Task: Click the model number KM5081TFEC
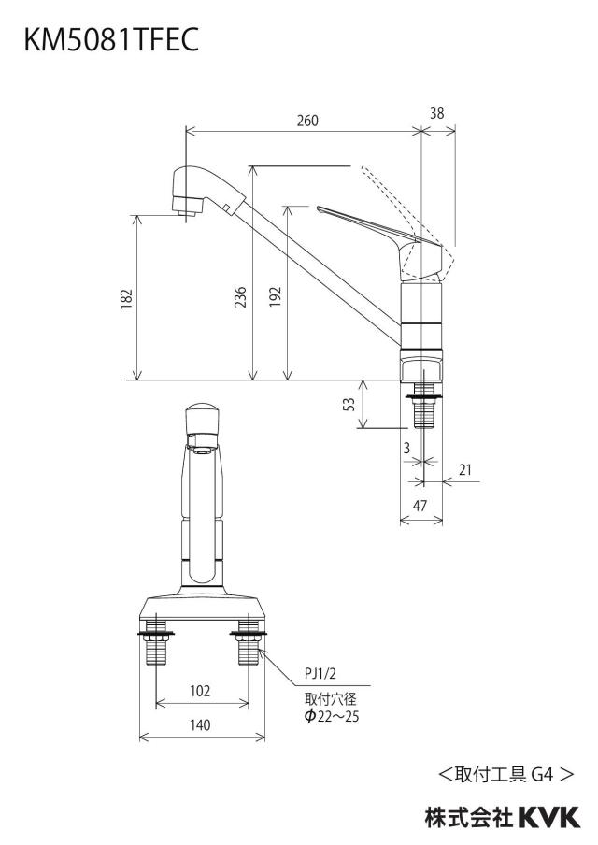[x=111, y=39]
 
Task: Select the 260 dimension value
[x=307, y=121]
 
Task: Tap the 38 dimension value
[x=437, y=113]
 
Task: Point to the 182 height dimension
[x=126, y=298]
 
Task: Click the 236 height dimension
[x=240, y=297]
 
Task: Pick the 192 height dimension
[x=276, y=297]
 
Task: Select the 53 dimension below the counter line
[x=349, y=404]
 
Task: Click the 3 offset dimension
[x=406, y=448]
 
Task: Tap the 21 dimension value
[x=465, y=469]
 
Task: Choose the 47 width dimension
[x=420, y=505]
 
